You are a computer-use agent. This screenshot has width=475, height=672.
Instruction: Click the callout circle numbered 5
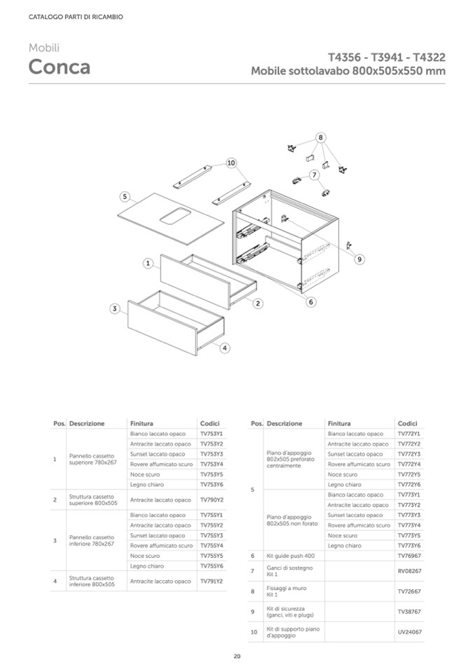point(124,196)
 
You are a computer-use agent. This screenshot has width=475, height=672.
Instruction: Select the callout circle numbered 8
point(320,137)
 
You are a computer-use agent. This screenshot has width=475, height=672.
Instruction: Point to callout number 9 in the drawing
point(359,259)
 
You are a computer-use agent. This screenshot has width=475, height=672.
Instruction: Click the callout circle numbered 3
point(113,308)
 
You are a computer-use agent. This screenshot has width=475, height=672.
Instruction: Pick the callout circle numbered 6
point(311,302)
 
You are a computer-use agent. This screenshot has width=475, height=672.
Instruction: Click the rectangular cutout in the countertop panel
point(174,215)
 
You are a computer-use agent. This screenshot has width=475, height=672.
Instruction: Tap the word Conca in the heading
point(59,67)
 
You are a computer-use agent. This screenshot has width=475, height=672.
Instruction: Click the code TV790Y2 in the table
point(211,500)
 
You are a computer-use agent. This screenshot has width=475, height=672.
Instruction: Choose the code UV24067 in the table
point(409,632)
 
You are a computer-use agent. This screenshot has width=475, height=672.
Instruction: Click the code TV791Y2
point(211,581)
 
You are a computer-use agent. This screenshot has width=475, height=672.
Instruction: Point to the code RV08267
point(409,571)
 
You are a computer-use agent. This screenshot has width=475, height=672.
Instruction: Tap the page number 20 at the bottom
point(238,656)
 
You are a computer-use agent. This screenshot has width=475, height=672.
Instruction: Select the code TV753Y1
point(211,434)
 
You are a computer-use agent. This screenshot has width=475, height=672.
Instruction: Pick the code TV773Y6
point(408,545)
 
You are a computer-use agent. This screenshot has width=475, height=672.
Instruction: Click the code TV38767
point(409,612)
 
